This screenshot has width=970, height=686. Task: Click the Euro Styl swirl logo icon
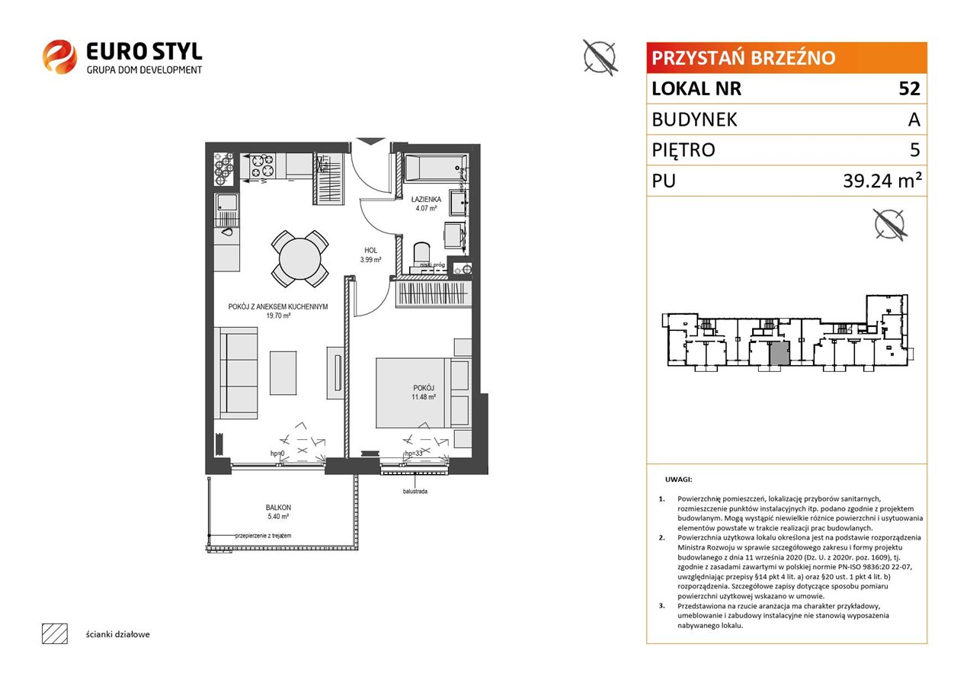(59, 56)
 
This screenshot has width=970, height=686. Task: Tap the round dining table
(299, 259)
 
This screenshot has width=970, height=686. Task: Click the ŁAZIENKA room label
(426, 199)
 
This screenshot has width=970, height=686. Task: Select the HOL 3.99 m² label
(370, 255)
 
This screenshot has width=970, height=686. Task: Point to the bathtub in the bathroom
(436, 168)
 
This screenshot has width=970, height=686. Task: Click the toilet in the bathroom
(422, 255)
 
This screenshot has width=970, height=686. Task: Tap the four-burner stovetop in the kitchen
(263, 166)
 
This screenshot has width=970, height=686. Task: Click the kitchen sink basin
(226, 202)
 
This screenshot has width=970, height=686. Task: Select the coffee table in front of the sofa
(283, 373)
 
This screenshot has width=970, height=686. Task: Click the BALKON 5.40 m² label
(278, 511)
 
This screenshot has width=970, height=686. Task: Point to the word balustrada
(415, 492)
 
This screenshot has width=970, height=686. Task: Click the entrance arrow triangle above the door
(370, 142)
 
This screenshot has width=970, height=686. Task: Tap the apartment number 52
(909, 88)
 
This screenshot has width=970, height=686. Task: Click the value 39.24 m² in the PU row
(882, 180)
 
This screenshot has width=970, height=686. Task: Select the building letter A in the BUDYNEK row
(914, 120)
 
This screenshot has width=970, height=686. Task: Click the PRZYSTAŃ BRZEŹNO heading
(744, 58)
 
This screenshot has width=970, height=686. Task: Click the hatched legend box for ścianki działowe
(55, 633)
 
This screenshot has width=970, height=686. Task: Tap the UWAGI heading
(679, 479)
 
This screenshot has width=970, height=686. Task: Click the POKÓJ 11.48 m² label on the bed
(424, 393)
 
